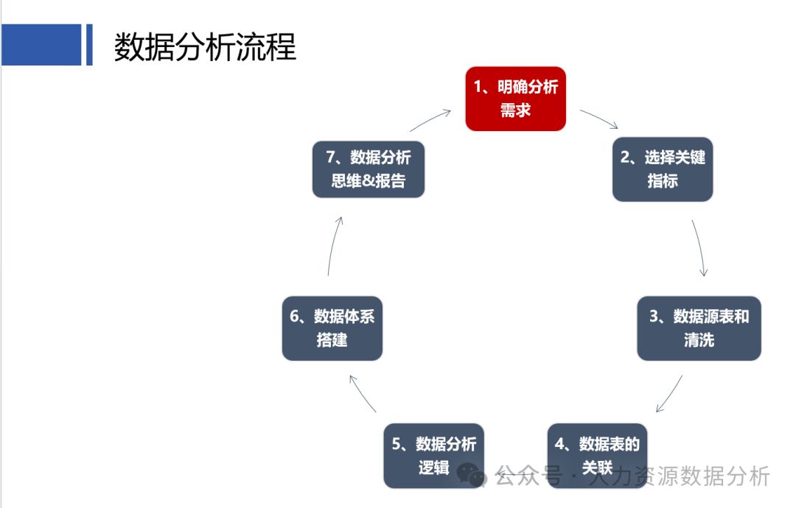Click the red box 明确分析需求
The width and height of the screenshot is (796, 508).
(515, 99)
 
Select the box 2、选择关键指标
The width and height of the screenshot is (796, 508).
(663, 169)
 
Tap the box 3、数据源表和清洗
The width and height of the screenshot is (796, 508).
(699, 328)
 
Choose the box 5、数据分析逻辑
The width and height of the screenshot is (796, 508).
(433, 455)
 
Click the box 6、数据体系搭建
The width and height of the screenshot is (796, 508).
(332, 328)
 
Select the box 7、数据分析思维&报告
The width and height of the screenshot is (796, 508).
(369, 169)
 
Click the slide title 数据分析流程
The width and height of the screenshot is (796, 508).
(205, 46)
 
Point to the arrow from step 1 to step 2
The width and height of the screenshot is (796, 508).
(598, 119)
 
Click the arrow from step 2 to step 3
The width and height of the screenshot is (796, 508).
(700, 247)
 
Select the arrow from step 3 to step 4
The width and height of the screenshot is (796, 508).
(668, 395)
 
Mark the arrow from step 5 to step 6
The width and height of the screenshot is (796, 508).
(362, 393)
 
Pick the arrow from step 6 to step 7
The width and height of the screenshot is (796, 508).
(332, 246)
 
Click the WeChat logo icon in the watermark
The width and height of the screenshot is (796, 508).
(472, 475)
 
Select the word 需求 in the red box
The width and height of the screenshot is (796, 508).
(515, 111)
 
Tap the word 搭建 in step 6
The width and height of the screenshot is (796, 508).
(332, 340)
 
